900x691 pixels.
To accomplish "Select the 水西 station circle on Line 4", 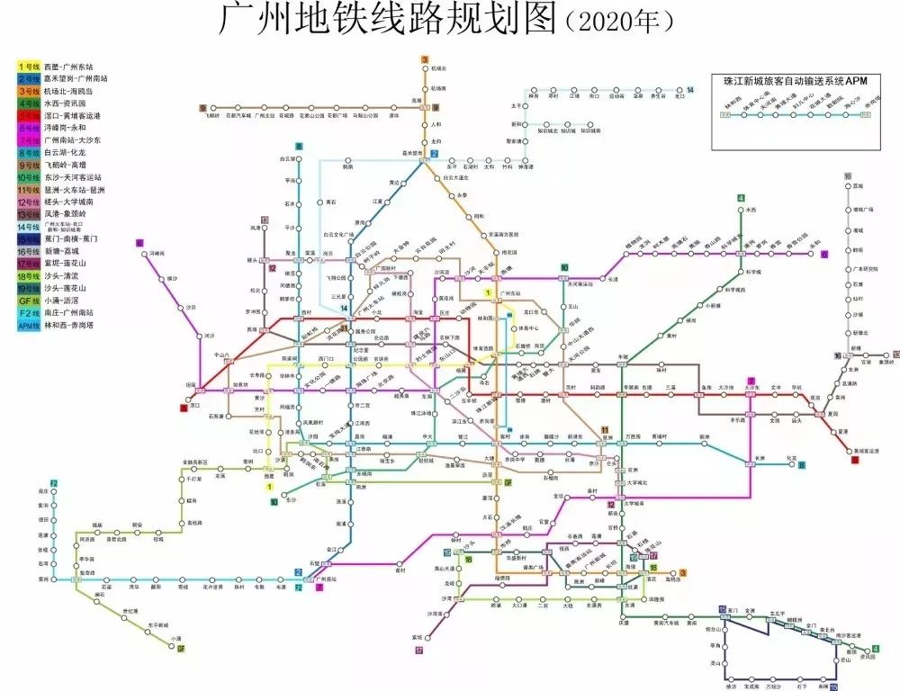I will point(741,210).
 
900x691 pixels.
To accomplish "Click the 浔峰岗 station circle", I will point(144,255).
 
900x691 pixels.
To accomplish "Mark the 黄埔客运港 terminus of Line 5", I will point(855,448).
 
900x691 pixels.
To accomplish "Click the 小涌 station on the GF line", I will point(178,638).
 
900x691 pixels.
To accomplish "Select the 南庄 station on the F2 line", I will point(54,492).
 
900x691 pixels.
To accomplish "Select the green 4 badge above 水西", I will point(741,198).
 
